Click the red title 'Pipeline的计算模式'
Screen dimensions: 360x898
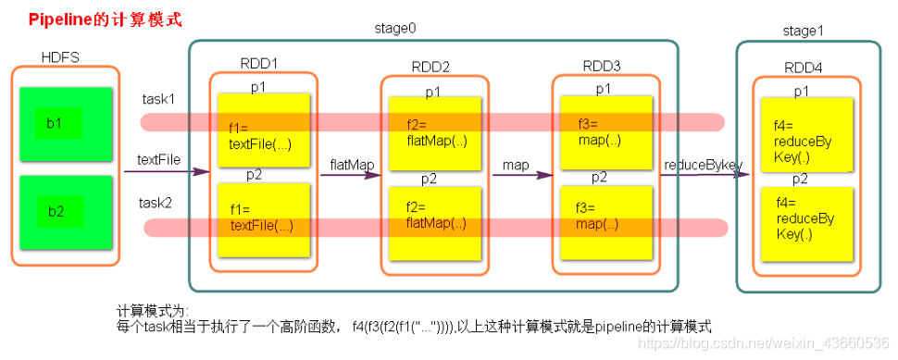coord(90,19)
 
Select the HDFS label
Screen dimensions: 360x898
coord(58,57)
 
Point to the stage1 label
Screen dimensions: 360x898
coord(803,33)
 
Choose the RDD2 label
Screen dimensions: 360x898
coord(430,67)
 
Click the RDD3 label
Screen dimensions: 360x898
coord(602,66)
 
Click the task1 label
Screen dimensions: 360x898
coord(158,99)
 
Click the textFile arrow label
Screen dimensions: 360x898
coord(158,160)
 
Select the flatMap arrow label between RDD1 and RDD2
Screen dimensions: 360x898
coord(352,165)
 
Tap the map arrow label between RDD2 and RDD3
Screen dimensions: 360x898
coord(516,165)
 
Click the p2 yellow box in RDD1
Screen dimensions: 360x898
coord(263,220)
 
